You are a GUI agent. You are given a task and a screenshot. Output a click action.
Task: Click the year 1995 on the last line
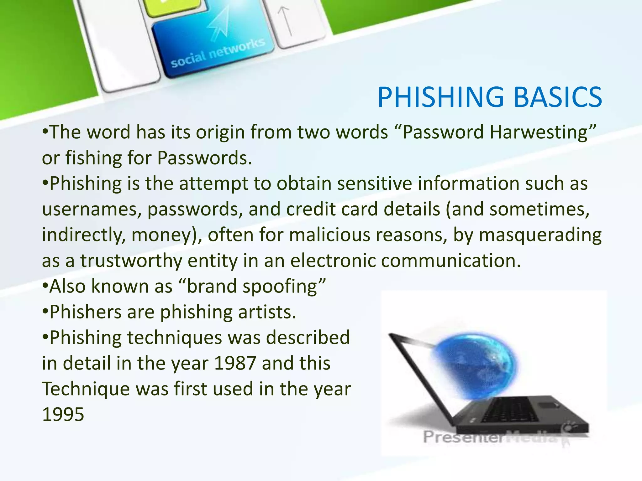[x=63, y=415]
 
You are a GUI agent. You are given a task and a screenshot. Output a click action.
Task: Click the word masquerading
[x=540, y=235]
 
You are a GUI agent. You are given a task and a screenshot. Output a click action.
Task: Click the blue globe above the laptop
[x=476, y=363]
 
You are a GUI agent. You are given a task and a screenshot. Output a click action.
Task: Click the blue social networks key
[x=213, y=44]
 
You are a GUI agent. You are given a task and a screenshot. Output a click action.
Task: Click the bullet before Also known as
[x=45, y=286]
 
